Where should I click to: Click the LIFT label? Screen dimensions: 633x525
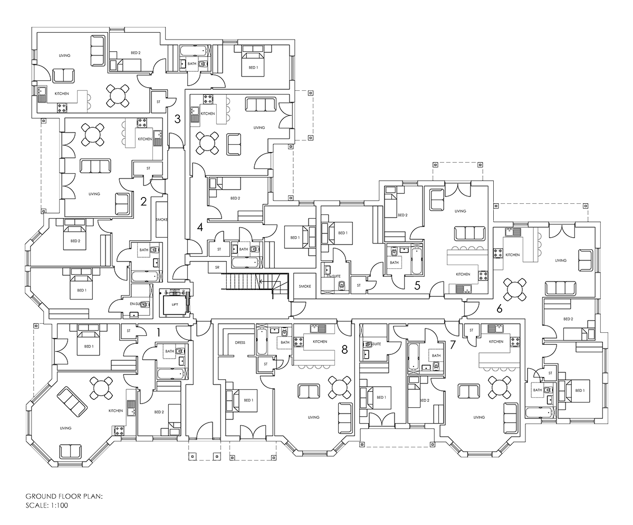[x=175, y=305]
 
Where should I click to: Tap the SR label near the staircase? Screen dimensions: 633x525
[x=217, y=267]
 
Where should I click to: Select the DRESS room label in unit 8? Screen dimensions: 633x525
[x=240, y=342]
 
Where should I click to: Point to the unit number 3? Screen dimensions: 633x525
[x=177, y=119]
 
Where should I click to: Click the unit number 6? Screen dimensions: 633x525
[x=500, y=309]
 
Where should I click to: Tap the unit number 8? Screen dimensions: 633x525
[x=344, y=350]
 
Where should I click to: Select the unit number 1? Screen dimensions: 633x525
[x=158, y=333]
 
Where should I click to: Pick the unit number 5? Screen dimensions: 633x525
[x=417, y=286]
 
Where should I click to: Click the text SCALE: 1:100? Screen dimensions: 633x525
[x=47, y=505]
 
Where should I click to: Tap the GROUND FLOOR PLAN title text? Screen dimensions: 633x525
[x=64, y=496]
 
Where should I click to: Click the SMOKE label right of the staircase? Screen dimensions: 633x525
[x=305, y=286]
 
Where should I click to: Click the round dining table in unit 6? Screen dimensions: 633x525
[x=514, y=289]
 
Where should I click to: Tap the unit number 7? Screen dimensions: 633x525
[x=453, y=345]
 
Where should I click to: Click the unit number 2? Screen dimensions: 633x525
[x=143, y=201]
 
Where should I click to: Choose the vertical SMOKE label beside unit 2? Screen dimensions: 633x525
[x=161, y=220]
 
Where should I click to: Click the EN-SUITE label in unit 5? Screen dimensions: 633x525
[x=333, y=276]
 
